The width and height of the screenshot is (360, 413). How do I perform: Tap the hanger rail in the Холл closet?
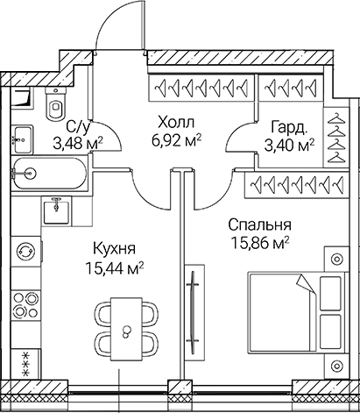pyautogui.click(x=201, y=89)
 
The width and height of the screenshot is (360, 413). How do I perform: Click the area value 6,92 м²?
pyautogui.click(x=174, y=139)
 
